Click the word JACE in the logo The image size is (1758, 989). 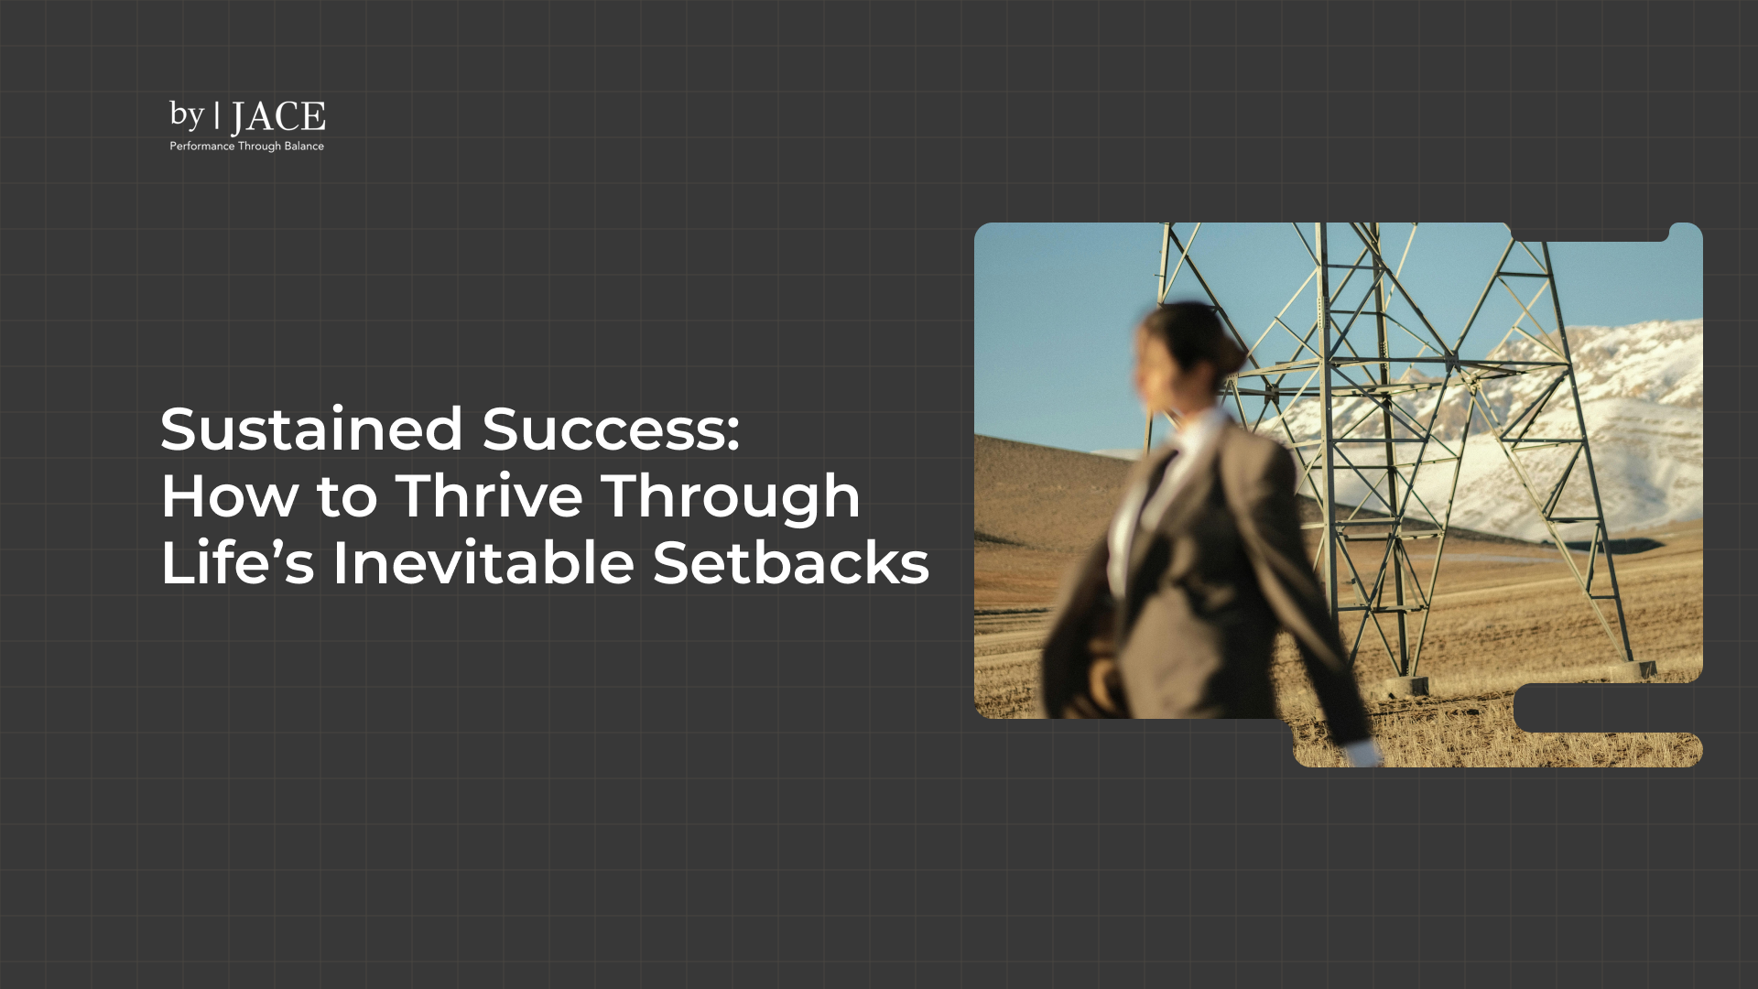[x=277, y=117]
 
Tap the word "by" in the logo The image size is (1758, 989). [x=186, y=115]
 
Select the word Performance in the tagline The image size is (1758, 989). [x=201, y=147]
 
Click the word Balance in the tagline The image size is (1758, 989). [x=304, y=147]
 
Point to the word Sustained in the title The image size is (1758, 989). [x=311, y=429]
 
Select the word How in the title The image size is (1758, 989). [x=229, y=496]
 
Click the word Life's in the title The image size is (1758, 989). [x=237, y=562]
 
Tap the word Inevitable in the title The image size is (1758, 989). [x=483, y=562]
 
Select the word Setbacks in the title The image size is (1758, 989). [x=791, y=562]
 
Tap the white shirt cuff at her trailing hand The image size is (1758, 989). [x=1364, y=753]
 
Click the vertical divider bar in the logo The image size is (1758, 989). [x=217, y=115]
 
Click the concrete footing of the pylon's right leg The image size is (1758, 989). [x=1632, y=669]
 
